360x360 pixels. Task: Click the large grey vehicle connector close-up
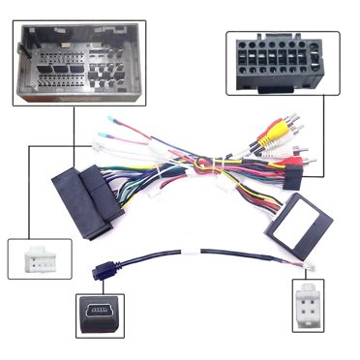[75, 62]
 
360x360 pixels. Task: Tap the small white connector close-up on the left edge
[34, 257]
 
